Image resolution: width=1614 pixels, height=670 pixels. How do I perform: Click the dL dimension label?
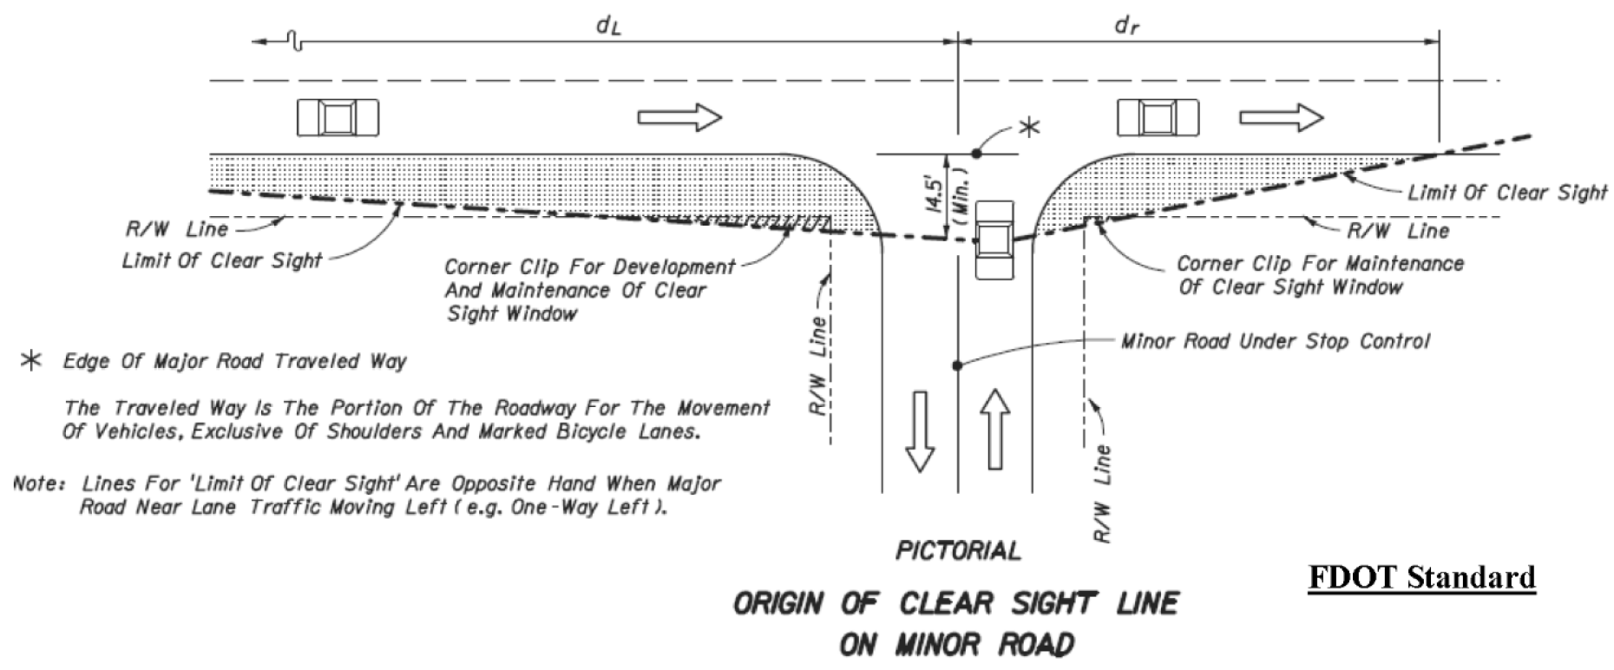tap(608, 26)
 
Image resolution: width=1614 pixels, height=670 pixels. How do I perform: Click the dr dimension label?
tap(1126, 26)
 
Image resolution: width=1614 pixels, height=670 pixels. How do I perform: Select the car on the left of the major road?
tap(338, 117)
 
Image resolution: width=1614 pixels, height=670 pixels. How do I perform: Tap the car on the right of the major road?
tap(1158, 117)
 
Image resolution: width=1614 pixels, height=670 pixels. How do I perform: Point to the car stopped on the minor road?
tap(994, 240)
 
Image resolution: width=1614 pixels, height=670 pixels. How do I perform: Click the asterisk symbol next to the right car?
tap(1029, 128)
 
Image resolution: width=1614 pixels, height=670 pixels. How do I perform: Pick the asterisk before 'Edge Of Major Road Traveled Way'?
tap(31, 361)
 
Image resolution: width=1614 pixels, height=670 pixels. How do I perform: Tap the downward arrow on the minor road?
tap(920, 431)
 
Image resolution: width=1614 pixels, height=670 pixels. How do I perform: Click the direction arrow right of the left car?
tap(679, 117)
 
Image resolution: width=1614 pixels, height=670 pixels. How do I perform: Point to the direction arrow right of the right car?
tap(1281, 117)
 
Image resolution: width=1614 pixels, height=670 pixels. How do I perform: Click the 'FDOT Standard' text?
tap(1422, 577)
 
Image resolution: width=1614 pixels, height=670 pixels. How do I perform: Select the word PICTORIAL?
tap(958, 550)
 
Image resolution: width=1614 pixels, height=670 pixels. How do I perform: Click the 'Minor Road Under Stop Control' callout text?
tap(1275, 340)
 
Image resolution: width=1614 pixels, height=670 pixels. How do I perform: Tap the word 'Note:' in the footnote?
tap(39, 483)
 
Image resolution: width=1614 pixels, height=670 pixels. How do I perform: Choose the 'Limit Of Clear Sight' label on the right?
tap(1507, 192)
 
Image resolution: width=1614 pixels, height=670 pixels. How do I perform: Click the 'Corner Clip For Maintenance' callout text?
tap(1320, 263)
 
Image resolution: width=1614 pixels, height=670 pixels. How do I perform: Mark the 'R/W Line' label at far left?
tap(177, 229)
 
